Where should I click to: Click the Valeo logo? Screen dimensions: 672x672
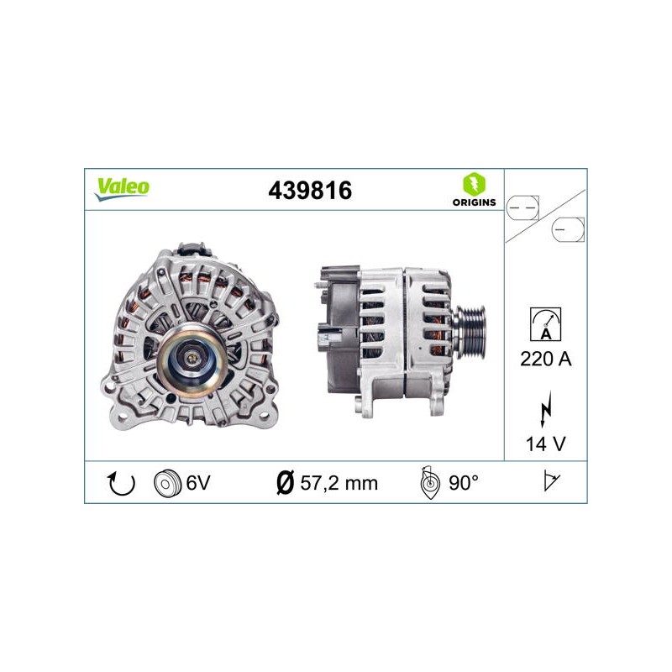122,189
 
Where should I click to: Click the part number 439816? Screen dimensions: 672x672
310,191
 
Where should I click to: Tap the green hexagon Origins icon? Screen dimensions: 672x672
474,184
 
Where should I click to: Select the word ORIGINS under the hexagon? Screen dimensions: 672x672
474,202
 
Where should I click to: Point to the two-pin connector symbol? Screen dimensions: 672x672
522,207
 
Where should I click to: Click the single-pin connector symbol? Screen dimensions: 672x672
568,229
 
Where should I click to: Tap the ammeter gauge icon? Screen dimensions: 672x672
545,324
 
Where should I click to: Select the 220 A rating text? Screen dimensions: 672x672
545,359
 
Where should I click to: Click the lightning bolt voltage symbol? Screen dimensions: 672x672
545,408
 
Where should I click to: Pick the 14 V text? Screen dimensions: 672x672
545,444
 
